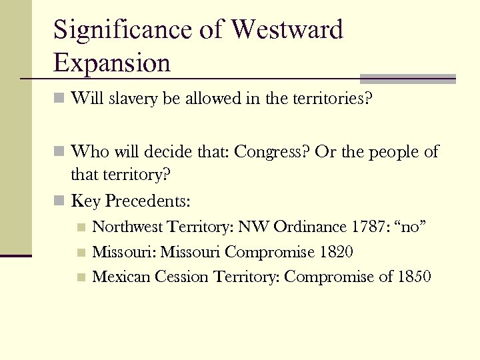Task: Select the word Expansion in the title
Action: pos(112,63)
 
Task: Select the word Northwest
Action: pos(127,227)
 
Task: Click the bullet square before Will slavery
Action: pos(59,100)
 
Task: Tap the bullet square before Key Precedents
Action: pos(59,201)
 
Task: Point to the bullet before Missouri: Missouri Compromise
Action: pos(80,253)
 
